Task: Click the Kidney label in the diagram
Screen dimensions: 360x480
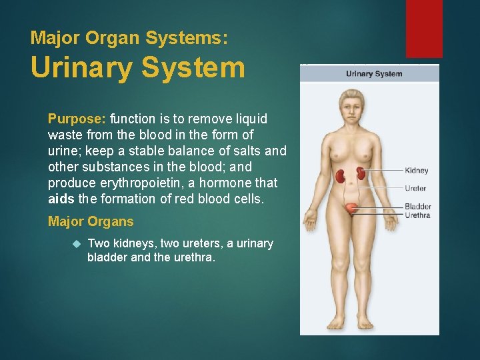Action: pyautogui.click(x=417, y=171)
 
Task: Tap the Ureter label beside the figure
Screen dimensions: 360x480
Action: pyautogui.click(x=415, y=189)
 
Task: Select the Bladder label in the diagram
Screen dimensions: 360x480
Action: pyautogui.click(x=418, y=207)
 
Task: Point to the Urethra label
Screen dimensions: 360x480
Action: pyautogui.click(x=417, y=215)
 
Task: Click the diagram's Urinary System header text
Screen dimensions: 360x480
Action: pyautogui.click(x=374, y=73)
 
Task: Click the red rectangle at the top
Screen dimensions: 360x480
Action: pyautogui.click(x=424, y=28)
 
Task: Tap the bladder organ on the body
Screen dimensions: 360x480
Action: pyautogui.click(x=351, y=208)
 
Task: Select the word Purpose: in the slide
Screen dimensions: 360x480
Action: pyautogui.click(x=77, y=119)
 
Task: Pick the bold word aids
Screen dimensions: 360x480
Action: pyautogui.click(x=61, y=199)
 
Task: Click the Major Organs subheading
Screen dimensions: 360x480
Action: pyautogui.click(x=91, y=222)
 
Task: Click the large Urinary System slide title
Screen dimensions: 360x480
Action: pyautogui.click(x=138, y=68)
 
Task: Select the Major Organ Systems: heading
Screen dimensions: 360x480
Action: pyautogui.click(x=129, y=37)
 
